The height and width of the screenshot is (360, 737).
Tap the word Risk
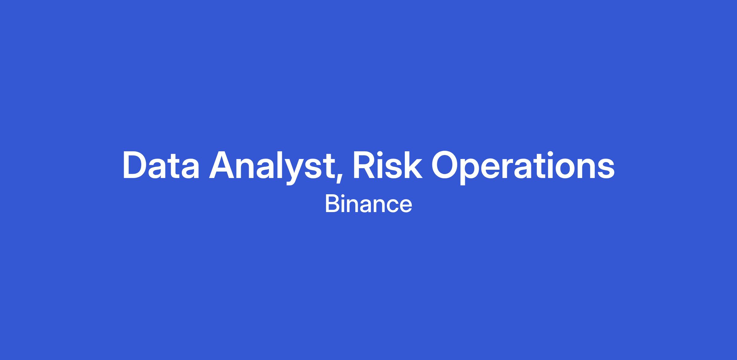[x=388, y=165]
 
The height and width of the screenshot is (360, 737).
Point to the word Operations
[x=523, y=167]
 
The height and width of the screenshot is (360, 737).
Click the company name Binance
[x=368, y=204]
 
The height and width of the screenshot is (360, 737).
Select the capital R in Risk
[x=365, y=165]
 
